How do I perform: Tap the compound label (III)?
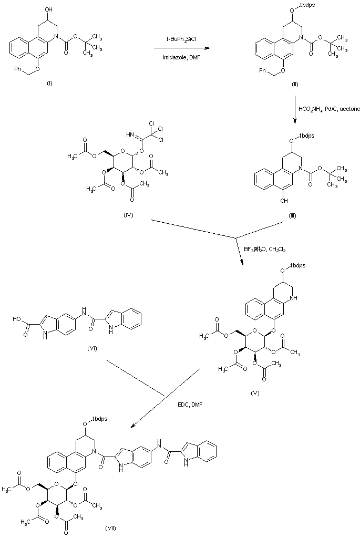[x=292, y=215]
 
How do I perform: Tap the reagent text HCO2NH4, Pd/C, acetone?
[x=326, y=109]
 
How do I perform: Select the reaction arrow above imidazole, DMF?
[x=179, y=48]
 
